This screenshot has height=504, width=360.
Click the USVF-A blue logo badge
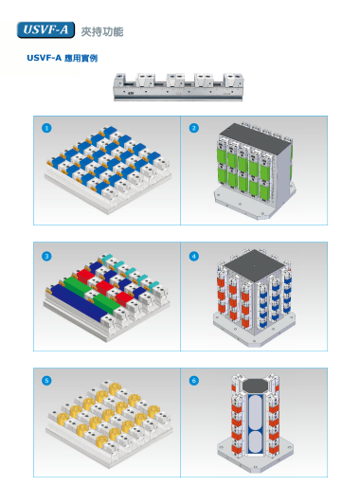pos(45,30)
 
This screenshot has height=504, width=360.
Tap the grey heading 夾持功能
pos(102,31)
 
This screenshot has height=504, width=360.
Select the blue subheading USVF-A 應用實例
pos(63,58)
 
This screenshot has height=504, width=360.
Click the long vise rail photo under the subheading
pos(178,87)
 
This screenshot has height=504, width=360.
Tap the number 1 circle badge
pos(46,128)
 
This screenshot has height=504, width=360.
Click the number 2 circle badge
pos(194,128)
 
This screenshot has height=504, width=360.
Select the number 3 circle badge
pos(46,256)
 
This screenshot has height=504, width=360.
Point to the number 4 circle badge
pos(194,256)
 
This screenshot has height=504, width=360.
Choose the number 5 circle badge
pos(46,381)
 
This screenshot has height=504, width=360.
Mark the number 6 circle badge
pos(194,381)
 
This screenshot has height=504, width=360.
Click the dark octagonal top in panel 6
pos(255,385)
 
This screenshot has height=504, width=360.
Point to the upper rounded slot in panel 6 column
pos(256,410)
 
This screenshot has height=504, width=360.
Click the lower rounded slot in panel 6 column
pos(256,443)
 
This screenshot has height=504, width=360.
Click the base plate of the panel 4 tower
pos(254,331)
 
